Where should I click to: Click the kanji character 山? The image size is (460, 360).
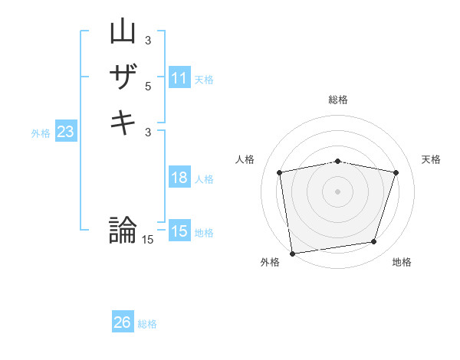click(x=123, y=31)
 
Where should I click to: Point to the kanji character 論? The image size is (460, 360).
click(x=123, y=230)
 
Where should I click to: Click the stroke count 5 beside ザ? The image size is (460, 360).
click(x=148, y=86)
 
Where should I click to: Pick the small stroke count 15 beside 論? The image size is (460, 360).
click(x=148, y=240)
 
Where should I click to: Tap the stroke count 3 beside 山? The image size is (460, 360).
click(x=148, y=40)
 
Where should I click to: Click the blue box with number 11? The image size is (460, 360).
click(x=179, y=78)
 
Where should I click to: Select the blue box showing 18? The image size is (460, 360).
click(x=179, y=178)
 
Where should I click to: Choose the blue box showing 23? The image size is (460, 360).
click(x=66, y=132)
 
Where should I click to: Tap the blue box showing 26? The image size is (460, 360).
click(x=123, y=323)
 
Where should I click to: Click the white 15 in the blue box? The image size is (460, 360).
click(x=179, y=231)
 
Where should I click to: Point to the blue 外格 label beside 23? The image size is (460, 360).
click(x=41, y=133)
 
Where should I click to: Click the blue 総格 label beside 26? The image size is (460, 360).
click(x=147, y=325)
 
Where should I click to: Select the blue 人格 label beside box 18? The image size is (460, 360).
click(x=204, y=179)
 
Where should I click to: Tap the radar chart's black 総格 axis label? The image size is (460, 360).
click(x=338, y=100)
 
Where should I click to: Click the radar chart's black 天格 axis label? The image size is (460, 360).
click(x=432, y=159)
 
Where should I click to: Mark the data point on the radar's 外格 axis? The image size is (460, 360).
click(x=291, y=253)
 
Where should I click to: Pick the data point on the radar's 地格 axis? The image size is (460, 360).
click(x=374, y=242)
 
